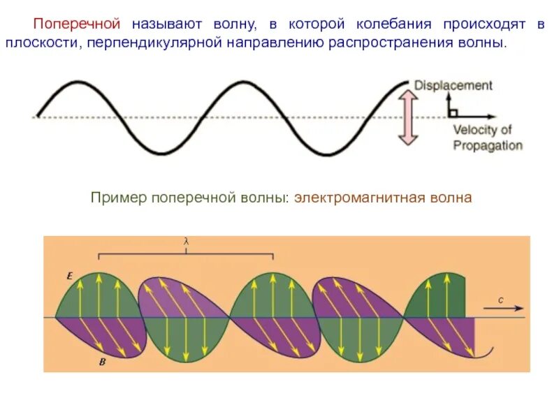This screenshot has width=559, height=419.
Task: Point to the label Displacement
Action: coord(453,85)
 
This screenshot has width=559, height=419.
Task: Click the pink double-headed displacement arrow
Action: coord(409,118)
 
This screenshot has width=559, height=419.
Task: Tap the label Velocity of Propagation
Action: coord(487,138)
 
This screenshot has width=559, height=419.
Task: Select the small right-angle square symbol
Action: coord(453,112)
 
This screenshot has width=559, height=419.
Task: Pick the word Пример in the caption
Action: coord(112,198)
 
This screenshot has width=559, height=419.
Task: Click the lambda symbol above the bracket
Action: coord(187,242)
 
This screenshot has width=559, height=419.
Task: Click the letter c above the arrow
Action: coord(500,299)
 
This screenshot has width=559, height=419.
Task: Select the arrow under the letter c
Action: coord(502,308)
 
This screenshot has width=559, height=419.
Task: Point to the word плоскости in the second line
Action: coord(45,43)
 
